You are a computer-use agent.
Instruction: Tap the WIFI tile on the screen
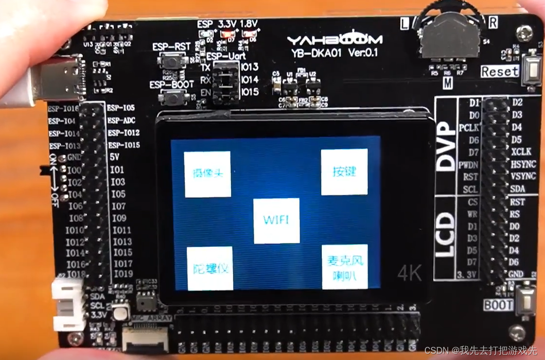click(x=276, y=221)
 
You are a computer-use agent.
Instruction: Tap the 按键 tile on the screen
click(x=344, y=171)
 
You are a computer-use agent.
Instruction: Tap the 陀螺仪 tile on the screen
click(x=210, y=268)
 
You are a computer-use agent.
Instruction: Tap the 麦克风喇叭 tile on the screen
click(x=345, y=267)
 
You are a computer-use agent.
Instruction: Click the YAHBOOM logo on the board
click(x=334, y=40)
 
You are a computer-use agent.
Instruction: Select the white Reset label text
click(x=499, y=71)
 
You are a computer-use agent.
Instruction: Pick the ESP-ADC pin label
click(x=122, y=120)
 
